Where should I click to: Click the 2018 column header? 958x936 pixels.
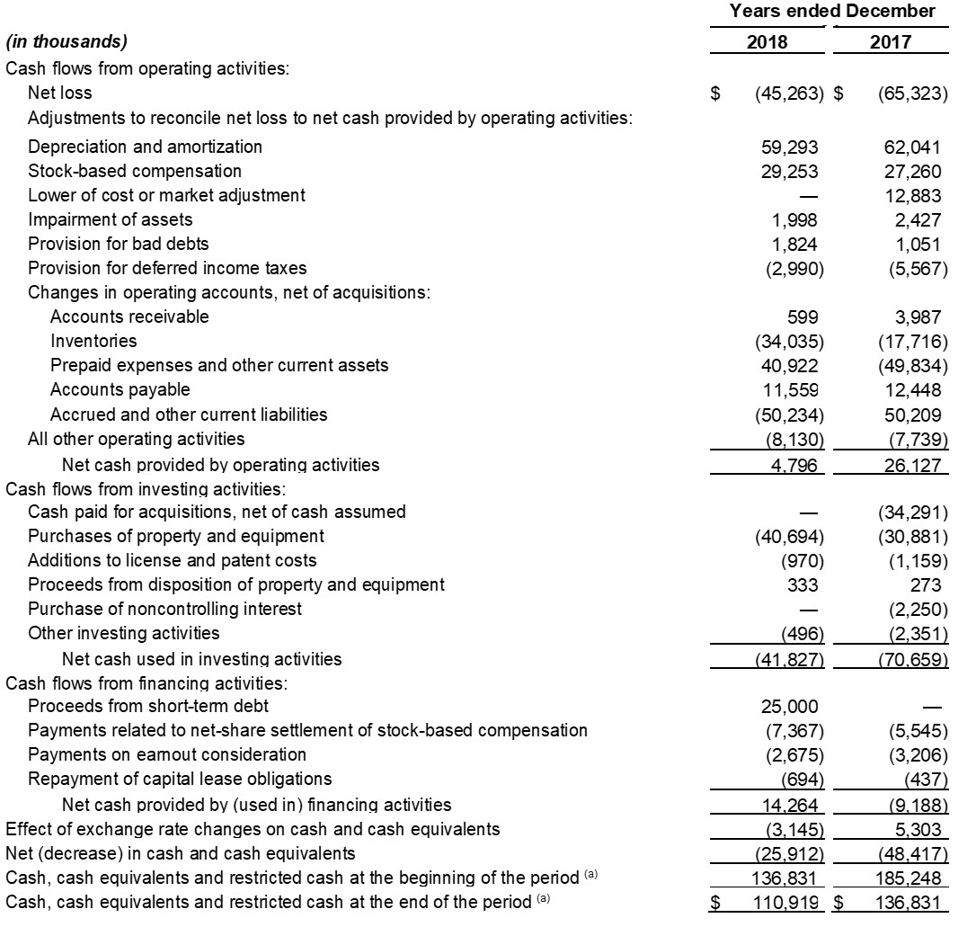(x=767, y=41)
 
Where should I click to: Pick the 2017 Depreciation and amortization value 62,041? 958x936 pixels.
(x=912, y=147)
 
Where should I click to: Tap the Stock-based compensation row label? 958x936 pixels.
(x=135, y=171)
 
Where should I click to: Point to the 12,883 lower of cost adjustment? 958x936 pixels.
(x=912, y=195)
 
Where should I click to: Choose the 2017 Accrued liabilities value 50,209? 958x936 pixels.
(x=912, y=415)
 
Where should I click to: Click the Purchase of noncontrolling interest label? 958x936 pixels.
(x=164, y=609)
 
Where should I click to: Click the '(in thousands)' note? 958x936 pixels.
(x=67, y=41)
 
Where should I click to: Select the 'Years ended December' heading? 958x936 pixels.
(x=831, y=12)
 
